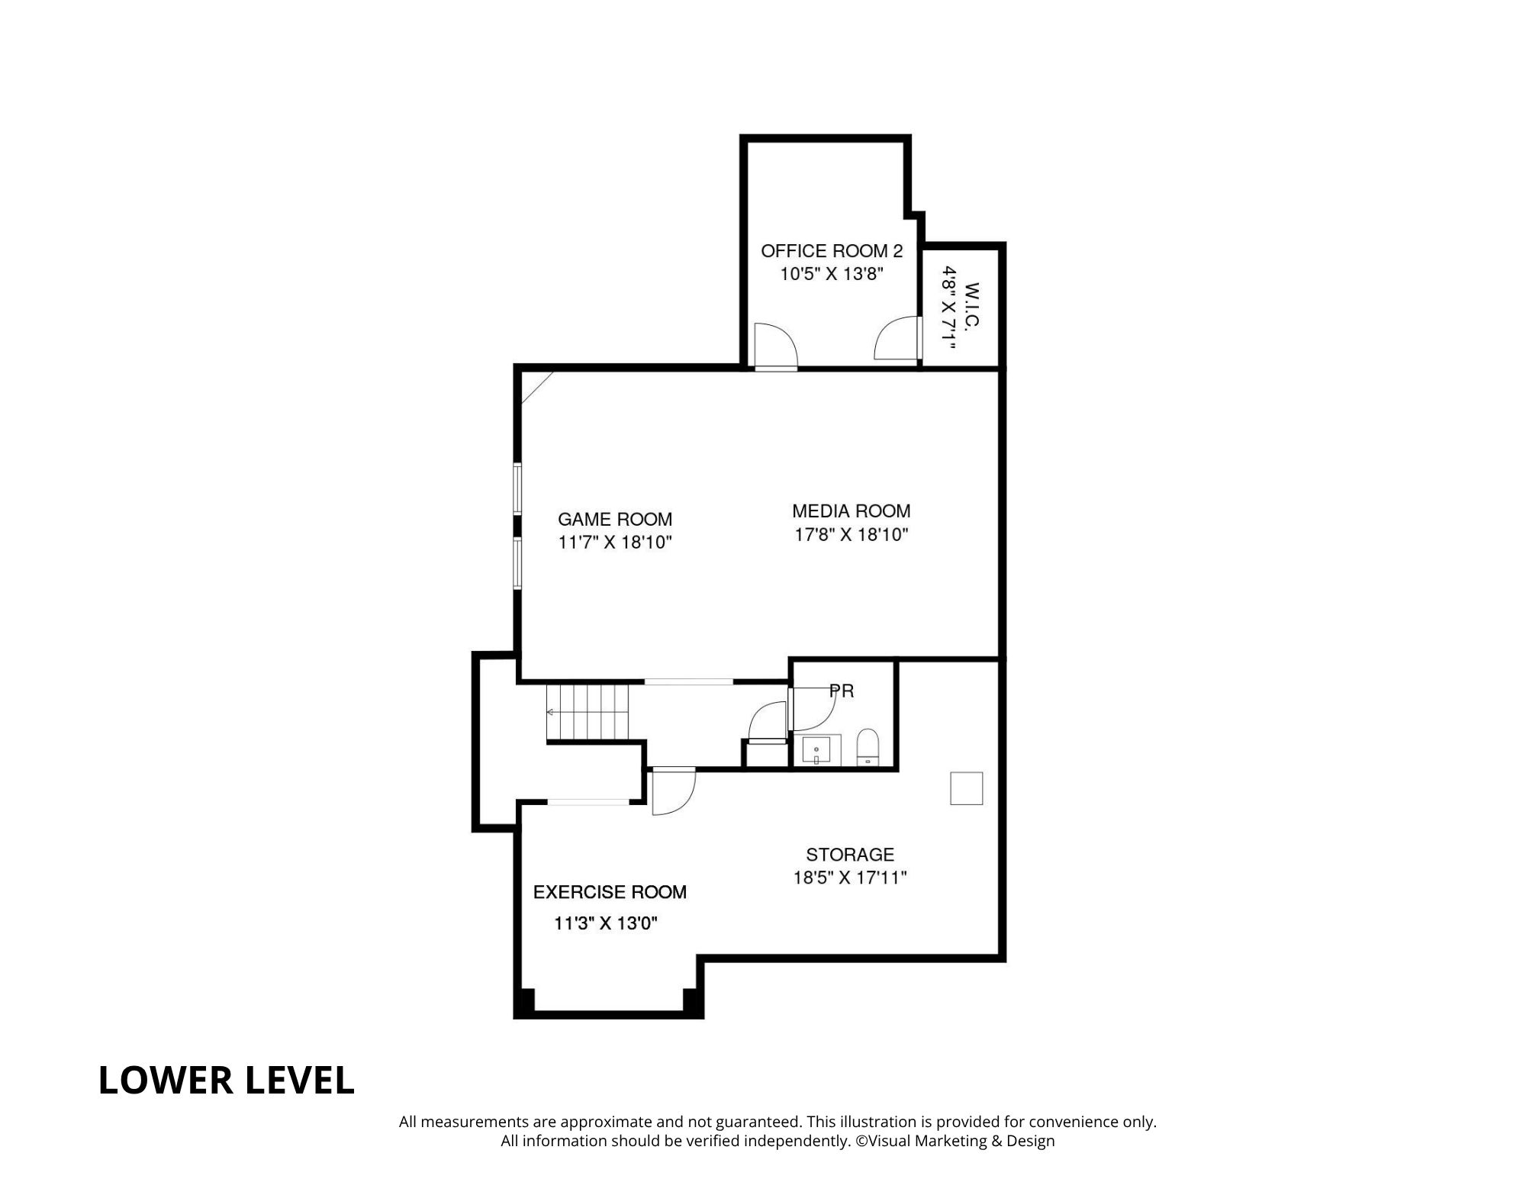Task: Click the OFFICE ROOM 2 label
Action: (831, 250)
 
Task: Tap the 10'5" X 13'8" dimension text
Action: (831, 274)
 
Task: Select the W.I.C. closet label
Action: (971, 305)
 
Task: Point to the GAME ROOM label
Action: (614, 519)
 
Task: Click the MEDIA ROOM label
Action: (851, 511)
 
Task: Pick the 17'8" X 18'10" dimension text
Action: (851, 534)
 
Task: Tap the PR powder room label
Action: (842, 691)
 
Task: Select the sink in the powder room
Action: (817, 749)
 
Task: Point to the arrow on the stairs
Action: (551, 712)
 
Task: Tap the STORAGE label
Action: (849, 854)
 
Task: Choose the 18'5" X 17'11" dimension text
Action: (849, 878)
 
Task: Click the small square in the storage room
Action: (966, 788)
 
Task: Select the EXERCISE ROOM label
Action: (609, 891)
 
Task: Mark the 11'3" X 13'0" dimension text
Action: (605, 923)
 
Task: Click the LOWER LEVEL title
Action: (226, 1081)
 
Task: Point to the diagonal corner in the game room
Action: (536, 388)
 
